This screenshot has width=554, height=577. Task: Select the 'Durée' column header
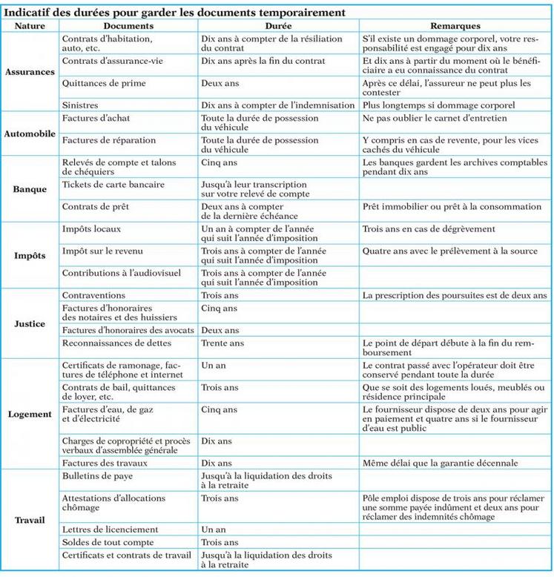279,25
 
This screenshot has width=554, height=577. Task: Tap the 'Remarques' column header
455,25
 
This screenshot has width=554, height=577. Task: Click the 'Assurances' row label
30,72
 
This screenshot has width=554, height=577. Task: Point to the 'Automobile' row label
30,133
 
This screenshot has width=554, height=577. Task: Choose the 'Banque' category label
30,189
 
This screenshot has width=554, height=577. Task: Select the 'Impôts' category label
30,256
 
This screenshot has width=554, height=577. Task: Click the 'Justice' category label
30,324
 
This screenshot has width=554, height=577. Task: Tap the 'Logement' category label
30,414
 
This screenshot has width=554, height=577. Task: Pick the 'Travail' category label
30,520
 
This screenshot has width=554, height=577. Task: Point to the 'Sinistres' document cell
80,105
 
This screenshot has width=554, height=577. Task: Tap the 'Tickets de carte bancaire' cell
113,184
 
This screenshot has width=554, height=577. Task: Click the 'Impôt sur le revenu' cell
108,251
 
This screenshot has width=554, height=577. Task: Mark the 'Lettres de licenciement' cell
110,530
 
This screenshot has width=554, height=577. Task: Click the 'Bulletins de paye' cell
97,476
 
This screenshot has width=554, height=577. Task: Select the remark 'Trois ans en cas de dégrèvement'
429,229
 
